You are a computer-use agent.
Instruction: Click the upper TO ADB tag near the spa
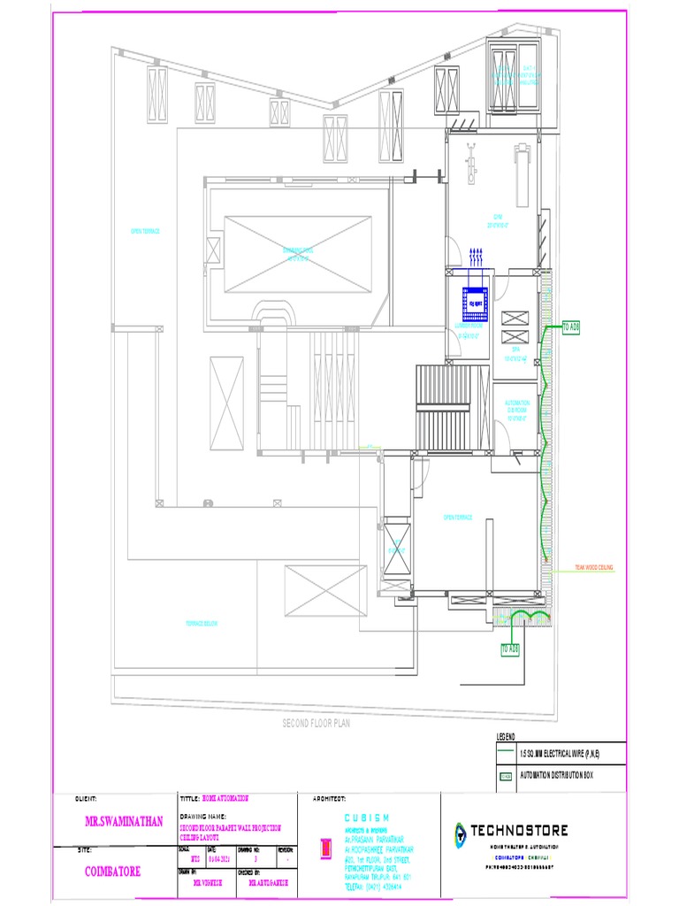pos(570,327)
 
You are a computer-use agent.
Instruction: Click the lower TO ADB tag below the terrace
pos(510,649)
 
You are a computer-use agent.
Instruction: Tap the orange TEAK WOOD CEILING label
pos(593,567)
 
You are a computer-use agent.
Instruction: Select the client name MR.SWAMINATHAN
pos(125,821)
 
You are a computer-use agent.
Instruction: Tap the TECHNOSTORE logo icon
pos(460,832)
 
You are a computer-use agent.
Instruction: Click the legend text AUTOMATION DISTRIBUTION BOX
pos(559,776)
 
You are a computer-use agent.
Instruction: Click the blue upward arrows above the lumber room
pos(476,257)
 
